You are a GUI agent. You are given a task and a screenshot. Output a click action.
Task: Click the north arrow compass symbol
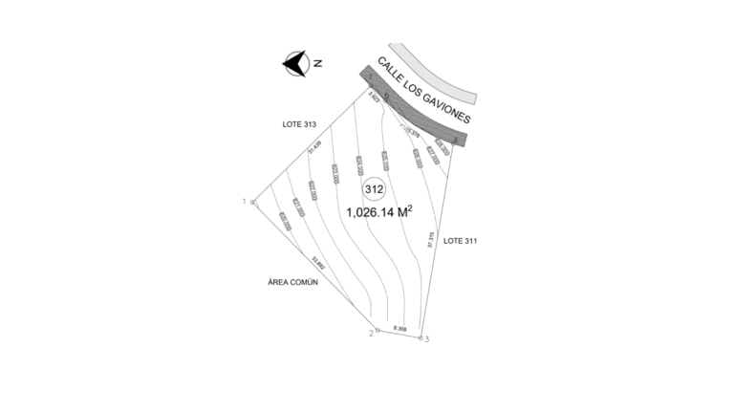pyautogui.click(x=294, y=64)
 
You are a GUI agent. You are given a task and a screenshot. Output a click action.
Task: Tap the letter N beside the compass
pyautogui.click(x=318, y=63)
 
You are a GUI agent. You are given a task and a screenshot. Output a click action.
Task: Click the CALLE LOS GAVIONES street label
pyautogui.click(x=424, y=92)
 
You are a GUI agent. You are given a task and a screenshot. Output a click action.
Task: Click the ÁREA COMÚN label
pyautogui.click(x=292, y=283)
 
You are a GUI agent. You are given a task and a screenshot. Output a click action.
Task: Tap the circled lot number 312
pyautogui.click(x=375, y=189)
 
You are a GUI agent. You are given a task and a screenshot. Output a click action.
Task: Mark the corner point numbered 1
pyautogui.click(x=253, y=203)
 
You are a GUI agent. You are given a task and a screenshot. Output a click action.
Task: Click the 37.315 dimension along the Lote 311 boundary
pyautogui.click(x=432, y=240)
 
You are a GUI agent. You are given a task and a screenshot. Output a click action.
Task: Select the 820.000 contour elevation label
pyautogui.click(x=285, y=222)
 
